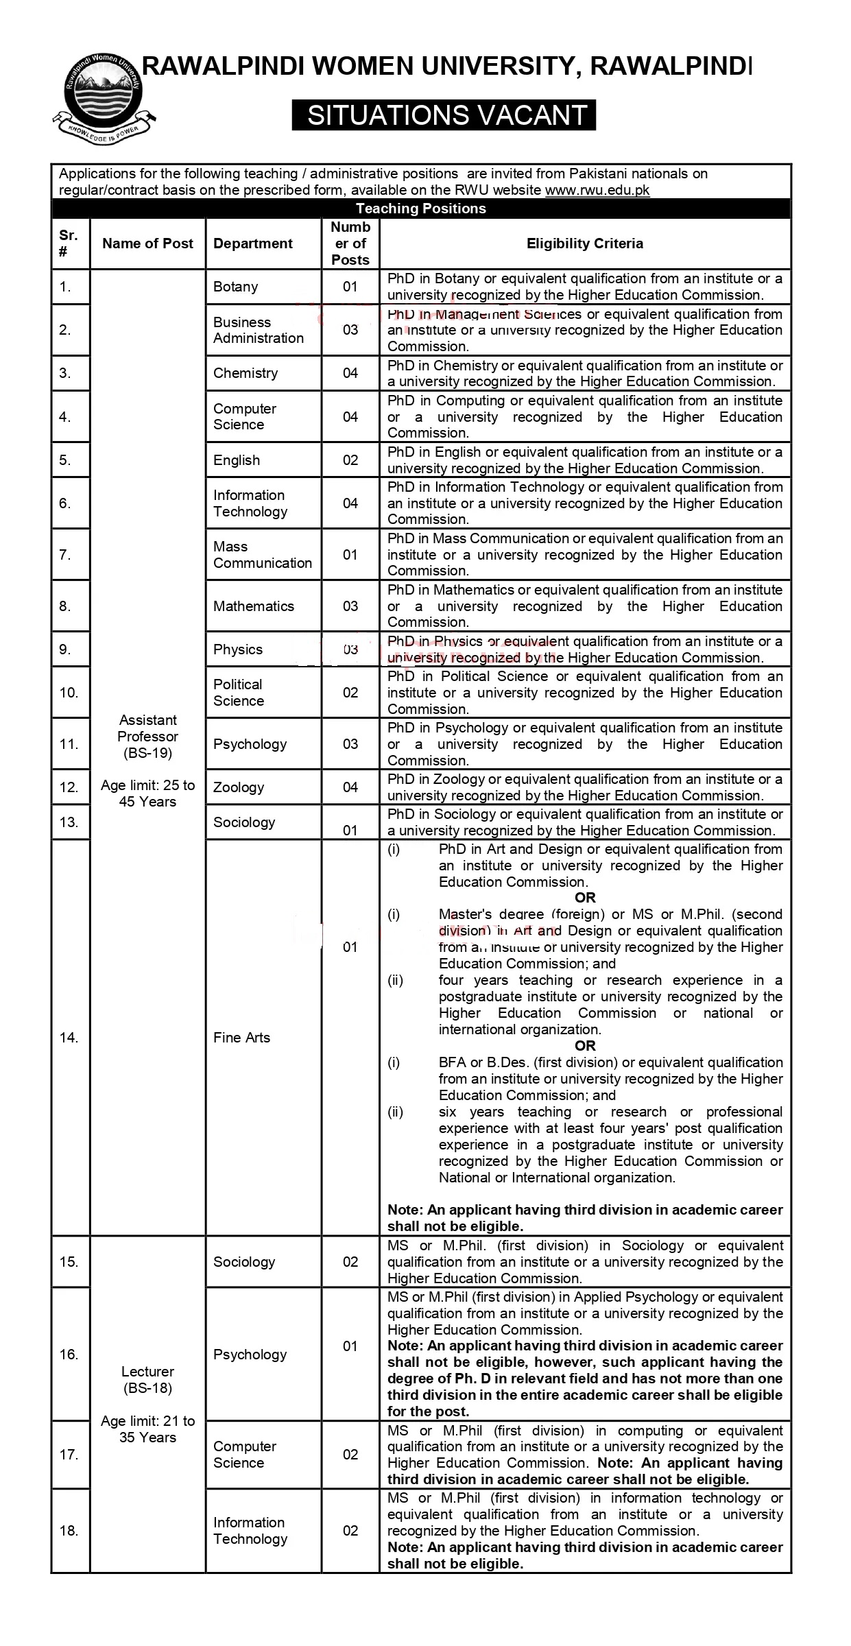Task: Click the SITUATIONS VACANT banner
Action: pos(444,115)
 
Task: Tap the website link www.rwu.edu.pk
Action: pos(597,191)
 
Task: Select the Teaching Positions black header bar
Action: pos(420,208)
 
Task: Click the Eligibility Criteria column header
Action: pos(584,243)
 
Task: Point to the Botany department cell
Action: pos(235,287)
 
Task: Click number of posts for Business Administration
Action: pos(350,330)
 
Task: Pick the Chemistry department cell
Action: pos(245,373)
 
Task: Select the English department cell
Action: pos(237,460)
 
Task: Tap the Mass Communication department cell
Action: pos(262,555)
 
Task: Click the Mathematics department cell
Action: pos(253,606)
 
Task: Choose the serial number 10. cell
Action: pos(69,693)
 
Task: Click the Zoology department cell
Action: pos(239,787)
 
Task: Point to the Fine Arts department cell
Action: pos(241,1038)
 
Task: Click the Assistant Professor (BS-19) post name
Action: pos(147,737)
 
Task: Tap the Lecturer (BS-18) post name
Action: pos(147,1380)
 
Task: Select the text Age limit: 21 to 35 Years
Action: pos(147,1429)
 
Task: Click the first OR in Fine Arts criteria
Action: pos(585,898)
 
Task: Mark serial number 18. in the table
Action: pos(69,1531)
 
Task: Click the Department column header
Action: pos(252,243)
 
